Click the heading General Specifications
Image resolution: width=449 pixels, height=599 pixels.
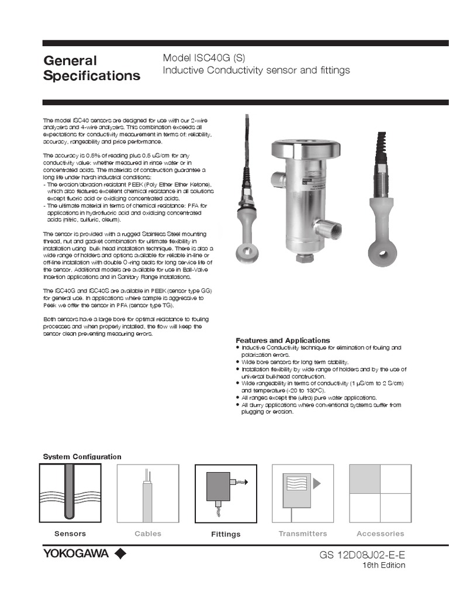[x=92, y=68]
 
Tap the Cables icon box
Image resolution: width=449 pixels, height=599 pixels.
[x=147, y=493]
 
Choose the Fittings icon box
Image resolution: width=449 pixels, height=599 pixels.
[x=225, y=493]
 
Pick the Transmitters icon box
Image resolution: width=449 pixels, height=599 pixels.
[x=302, y=493]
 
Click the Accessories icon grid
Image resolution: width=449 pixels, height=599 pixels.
[x=380, y=493]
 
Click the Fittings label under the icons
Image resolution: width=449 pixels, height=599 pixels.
[x=226, y=534]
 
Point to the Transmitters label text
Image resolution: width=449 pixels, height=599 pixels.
[x=302, y=533]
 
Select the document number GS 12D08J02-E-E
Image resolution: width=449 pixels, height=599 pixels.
[x=362, y=555]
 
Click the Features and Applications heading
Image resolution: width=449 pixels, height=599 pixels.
[x=282, y=340]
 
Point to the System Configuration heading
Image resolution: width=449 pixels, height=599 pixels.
[x=82, y=456]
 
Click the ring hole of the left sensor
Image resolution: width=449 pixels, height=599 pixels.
[x=243, y=253]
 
